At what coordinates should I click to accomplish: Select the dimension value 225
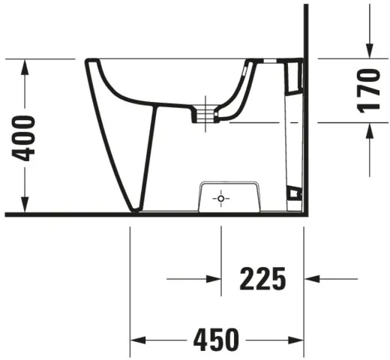click(262, 279)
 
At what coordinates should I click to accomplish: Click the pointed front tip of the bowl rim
click(88, 62)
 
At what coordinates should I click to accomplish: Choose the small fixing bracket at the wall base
click(296, 195)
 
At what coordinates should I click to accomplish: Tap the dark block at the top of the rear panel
click(293, 73)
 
